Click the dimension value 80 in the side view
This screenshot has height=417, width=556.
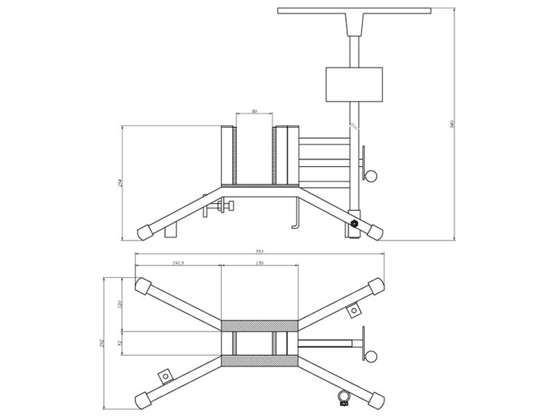pyautogui.click(x=254, y=111)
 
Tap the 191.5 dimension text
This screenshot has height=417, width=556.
pyautogui.click(x=178, y=263)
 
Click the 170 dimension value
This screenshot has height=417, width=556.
pyautogui.click(x=259, y=263)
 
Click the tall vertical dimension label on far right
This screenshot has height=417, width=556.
pyautogui.click(x=452, y=125)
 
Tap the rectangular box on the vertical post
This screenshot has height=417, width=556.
pyautogui.click(x=354, y=83)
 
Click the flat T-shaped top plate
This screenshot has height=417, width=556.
pyautogui.click(x=354, y=10)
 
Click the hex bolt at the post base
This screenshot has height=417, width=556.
pyautogui.click(x=354, y=224)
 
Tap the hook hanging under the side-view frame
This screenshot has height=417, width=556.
pyautogui.click(x=295, y=215)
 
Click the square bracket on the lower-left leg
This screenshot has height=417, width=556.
pyautogui.click(x=165, y=375)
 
